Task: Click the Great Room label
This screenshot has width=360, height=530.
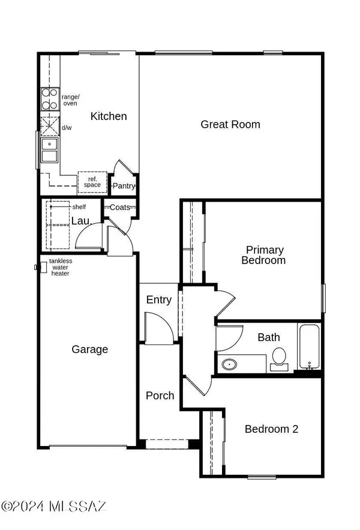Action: click(230, 124)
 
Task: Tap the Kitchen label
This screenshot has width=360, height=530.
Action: click(109, 116)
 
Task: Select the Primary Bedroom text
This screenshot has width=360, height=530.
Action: click(263, 255)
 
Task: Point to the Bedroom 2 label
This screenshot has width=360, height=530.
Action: click(271, 429)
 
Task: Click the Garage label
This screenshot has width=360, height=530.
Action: click(90, 349)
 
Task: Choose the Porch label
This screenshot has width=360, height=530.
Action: click(160, 396)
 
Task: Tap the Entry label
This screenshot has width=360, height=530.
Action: click(159, 300)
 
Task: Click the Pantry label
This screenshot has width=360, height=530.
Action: click(124, 186)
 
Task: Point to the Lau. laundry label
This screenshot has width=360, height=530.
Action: click(80, 221)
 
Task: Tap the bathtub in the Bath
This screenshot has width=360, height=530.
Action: click(309, 347)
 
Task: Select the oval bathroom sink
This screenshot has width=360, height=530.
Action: click(229, 364)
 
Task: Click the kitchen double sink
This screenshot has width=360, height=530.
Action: click(49, 151)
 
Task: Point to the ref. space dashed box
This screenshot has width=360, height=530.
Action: click(92, 181)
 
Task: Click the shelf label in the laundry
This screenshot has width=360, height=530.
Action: click(78, 206)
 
